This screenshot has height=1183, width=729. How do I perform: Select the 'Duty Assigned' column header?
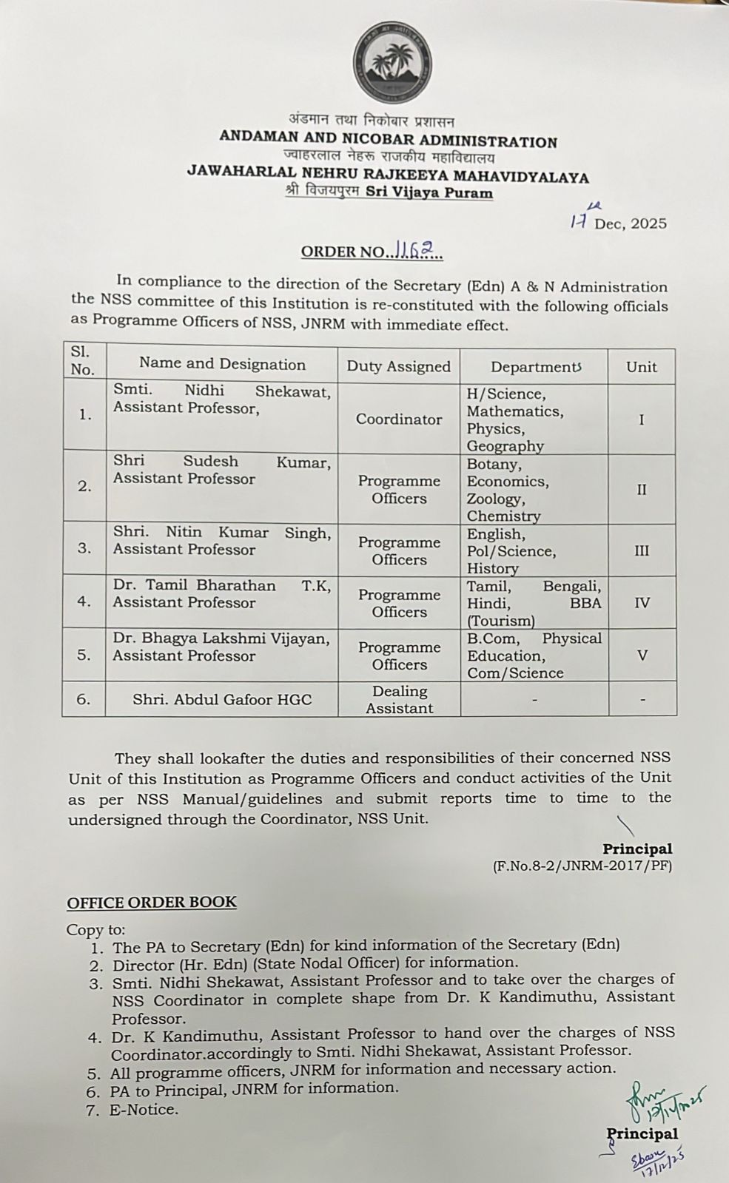tap(398, 366)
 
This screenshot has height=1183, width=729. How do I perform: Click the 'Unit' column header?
tap(641, 366)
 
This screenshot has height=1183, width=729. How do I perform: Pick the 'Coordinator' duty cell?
tap(398, 419)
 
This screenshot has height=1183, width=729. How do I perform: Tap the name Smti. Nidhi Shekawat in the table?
tap(221, 391)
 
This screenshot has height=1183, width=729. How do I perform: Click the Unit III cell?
tap(641, 550)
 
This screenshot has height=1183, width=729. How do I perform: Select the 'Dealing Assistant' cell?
tap(398, 699)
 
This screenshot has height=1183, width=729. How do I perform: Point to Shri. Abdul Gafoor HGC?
tap(221, 699)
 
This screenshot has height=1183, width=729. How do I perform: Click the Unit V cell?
tap(642, 655)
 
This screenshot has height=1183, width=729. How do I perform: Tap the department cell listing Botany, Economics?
tap(508, 490)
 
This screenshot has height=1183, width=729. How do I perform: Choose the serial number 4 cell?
tap(84, 602)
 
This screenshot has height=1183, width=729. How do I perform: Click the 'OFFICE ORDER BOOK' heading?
tap(152, 902)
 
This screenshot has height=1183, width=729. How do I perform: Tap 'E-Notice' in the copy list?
tap(144, 1109)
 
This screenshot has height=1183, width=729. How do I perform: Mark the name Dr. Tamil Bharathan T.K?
tap(221, 585)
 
